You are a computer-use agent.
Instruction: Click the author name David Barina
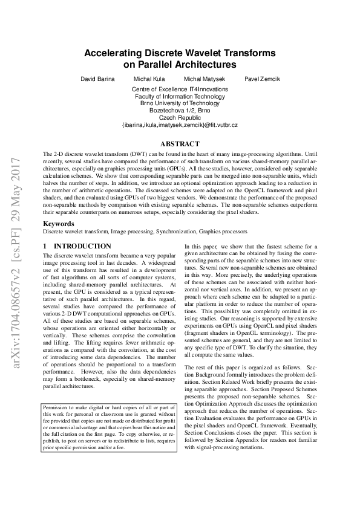point(97,79)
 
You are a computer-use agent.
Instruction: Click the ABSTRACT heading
point(180,144)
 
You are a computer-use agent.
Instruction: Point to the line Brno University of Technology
point(180,103)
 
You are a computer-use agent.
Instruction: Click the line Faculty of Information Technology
point(180,97)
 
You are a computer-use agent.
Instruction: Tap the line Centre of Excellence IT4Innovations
point(180,89)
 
